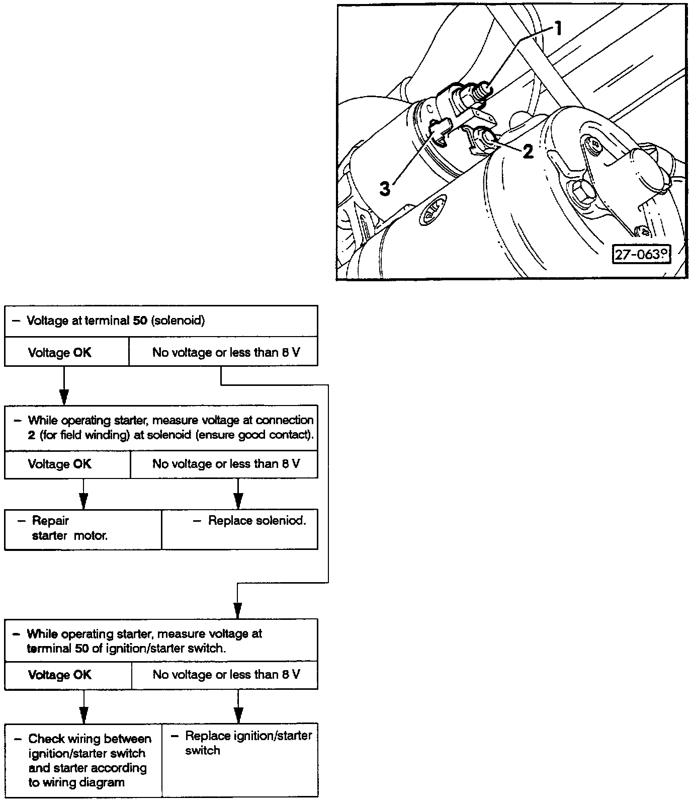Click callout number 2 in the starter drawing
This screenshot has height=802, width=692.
pos(528,151)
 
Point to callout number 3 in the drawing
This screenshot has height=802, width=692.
pos(385,189)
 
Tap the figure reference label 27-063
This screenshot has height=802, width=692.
pos(642,254)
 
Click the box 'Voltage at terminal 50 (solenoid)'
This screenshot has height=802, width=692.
pos(161,321)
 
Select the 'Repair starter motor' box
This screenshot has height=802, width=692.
pos(83,529)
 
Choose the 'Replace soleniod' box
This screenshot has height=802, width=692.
pos(240,529)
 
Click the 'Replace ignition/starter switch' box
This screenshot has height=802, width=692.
pos(240,759)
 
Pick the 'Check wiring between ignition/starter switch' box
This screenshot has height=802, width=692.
pos(83,760)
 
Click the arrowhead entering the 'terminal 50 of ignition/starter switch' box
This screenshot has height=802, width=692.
pos(238,610)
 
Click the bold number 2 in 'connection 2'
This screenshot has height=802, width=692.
pos(31,435)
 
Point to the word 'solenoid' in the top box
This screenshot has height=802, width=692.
pos(178,321)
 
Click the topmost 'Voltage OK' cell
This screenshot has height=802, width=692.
pos(59,352)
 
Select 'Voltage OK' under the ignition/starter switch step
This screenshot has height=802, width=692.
pos(60,675)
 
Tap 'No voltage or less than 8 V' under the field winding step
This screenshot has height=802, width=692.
pos(226,464)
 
